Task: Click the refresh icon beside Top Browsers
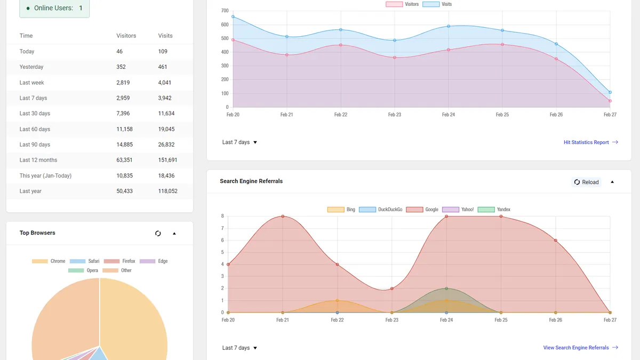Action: [158, 234]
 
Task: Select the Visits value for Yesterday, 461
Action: [163, 67]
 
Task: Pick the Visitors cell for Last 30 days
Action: [123, 114]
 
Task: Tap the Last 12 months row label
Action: [38, 160]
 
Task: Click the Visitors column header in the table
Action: [126, 36]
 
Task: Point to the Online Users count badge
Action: [54, 8]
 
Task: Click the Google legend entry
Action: [422, 210]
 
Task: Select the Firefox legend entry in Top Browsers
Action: [119, 261]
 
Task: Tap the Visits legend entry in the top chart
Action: [437, 4]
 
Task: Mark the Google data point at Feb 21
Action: [283, 217]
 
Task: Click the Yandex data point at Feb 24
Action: [446, 289]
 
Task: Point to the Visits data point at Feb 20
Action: [233, 17]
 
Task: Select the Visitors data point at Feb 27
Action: [610, 101]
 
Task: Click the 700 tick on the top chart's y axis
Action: [225, 11]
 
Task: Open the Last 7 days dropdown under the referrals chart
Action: [239, 348]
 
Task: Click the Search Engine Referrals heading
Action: [251, 181]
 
